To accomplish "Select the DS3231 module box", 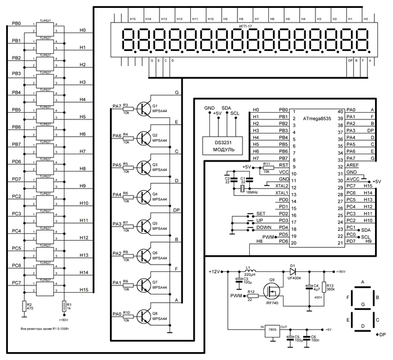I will click(221, 146).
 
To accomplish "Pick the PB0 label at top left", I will click(16, 24).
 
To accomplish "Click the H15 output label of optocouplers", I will click(83, 289).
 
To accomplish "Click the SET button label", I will click(261, 214).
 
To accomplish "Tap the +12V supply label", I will click(215, 272).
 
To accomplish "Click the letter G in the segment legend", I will click(363, 304).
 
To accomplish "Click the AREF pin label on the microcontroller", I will click(352, 166).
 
